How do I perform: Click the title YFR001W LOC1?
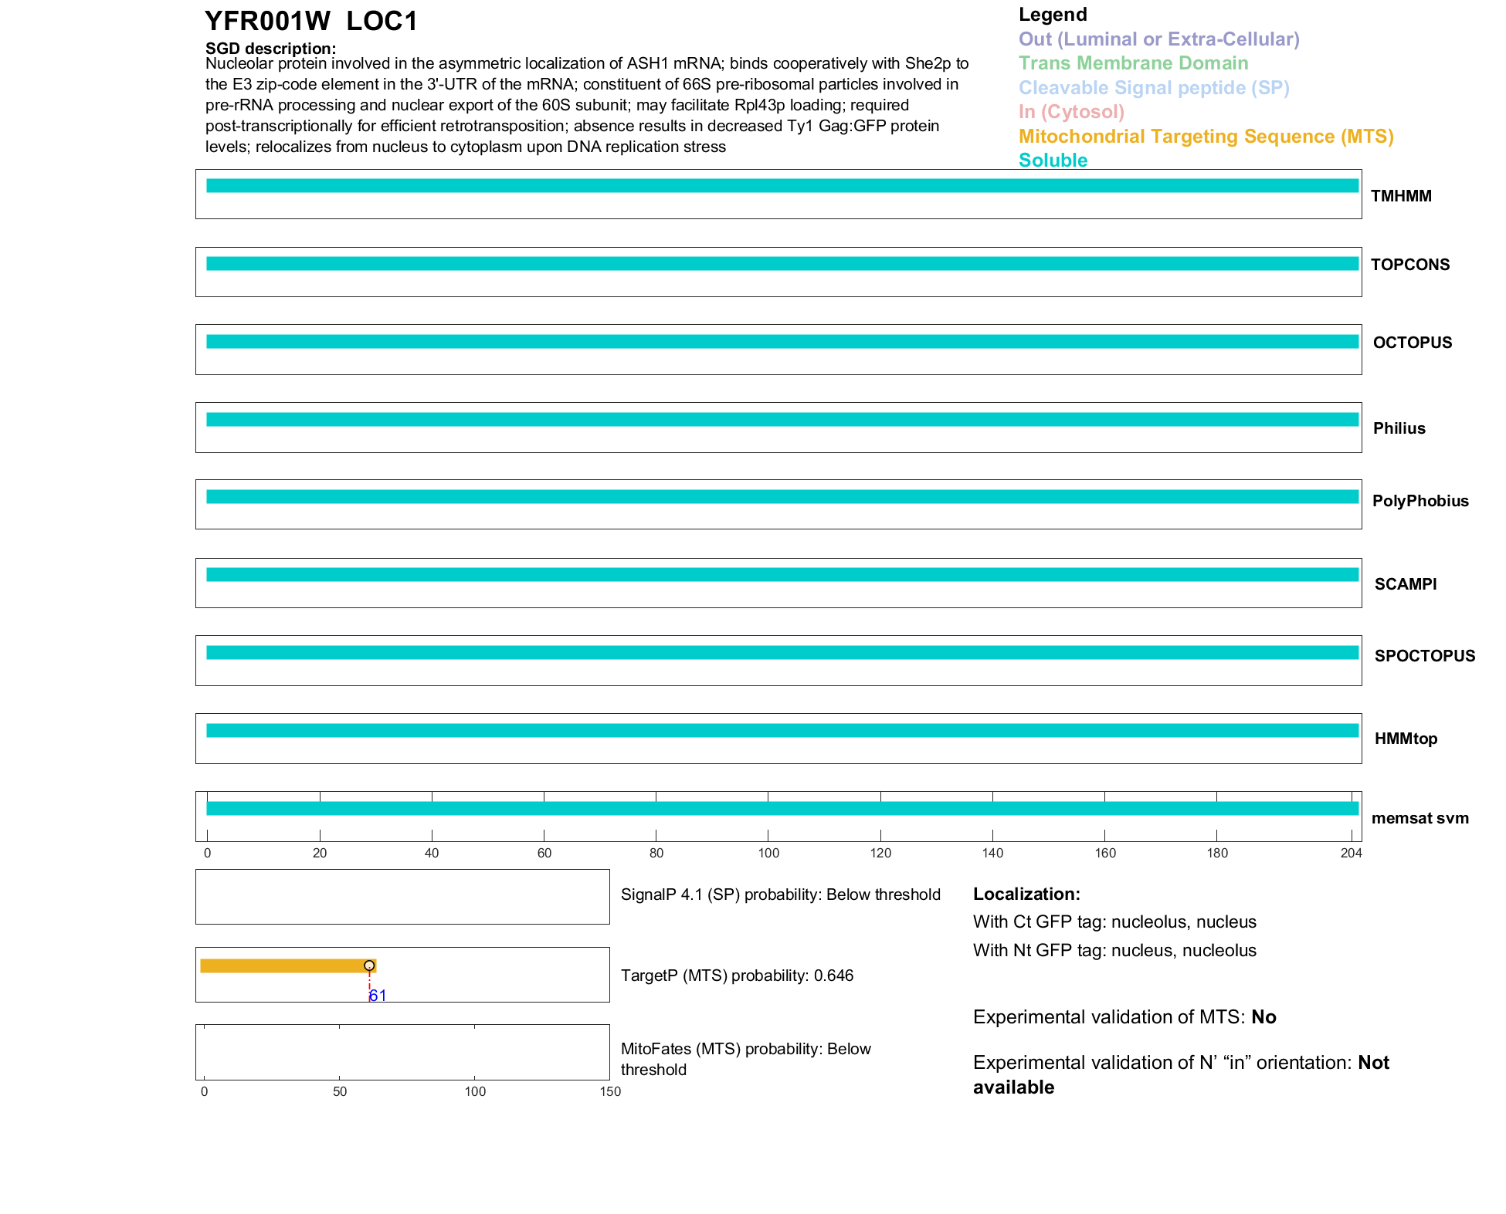tap(310, 22)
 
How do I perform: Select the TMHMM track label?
tap(1401, 196)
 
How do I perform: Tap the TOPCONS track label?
tap(1410, 265)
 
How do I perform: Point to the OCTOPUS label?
tap(1413, 343)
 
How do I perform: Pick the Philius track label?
tap(1399, 428)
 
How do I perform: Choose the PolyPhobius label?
tap(1420, 501)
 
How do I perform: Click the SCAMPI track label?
tap(1406, 584)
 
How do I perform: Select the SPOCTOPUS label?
tap(1424, 656)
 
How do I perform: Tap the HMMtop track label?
tap(1406, 739)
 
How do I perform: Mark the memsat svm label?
tap(1420, 818)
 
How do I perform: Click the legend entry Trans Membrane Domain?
tap(1133, 63)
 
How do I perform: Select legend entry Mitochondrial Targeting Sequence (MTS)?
tap(1206, 137)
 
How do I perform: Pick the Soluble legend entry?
tap(1053, 161)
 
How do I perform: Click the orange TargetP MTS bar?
tap(286, 965)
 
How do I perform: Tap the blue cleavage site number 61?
tap(378, 996)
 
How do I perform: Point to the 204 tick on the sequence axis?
tap(1351, 853)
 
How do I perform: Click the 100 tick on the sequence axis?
tap(768, 853)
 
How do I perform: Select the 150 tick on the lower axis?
tap(610, 1091)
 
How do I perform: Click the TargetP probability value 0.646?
tap(833, 976)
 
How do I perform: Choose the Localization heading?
tap(1026, 894)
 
